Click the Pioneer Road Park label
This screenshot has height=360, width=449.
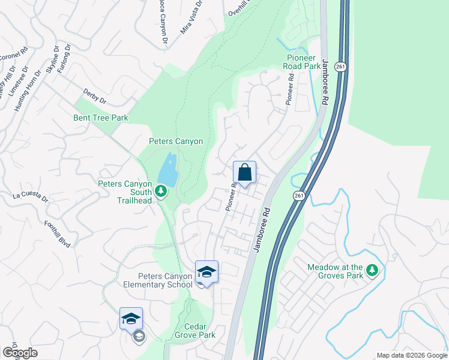(x=303, y=62)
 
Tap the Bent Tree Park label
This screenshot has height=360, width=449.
(x=101, y=118)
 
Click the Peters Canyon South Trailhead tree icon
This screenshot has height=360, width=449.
(x=160, y=191)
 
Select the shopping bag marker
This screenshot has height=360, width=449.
(x=244, y=173)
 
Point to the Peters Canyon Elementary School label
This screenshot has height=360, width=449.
(x=165, y=280)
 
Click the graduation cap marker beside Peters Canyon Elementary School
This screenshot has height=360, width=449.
(x=206, y=272)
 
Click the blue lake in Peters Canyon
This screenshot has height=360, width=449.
(x=168, y=170)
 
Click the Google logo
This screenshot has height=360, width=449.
(x=20, y=353)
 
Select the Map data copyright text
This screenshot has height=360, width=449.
(x=412, y=355)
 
